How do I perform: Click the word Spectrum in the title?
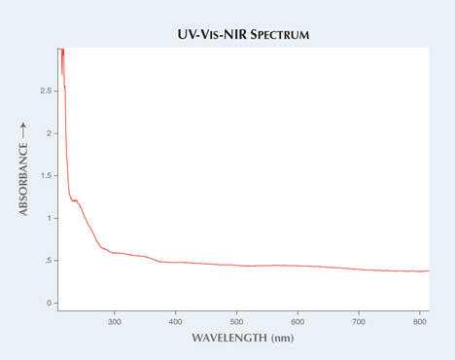(275, 35)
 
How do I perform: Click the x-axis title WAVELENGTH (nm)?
(241, 338)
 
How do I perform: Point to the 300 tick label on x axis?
(115, 320)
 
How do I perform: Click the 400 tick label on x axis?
(176, 320)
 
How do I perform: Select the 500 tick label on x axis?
(237, 320)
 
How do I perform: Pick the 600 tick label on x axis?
(298, 320)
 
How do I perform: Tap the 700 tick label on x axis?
(360, 320)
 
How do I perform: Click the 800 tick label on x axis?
(420, 320)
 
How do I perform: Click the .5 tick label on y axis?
(46, 261)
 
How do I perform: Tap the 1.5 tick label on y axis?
(45, 176)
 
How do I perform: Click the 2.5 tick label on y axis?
(45, 91)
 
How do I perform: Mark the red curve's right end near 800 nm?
(428, 271)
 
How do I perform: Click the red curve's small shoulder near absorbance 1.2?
(75, 201)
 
